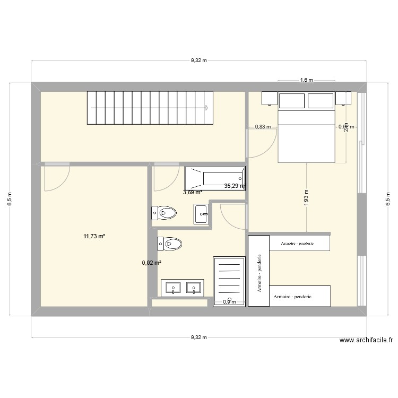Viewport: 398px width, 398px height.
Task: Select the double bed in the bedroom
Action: (307, 135)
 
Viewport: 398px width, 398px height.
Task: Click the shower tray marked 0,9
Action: (229, 281)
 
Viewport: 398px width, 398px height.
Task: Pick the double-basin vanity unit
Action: (183, 288)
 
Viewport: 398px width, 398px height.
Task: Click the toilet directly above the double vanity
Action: (169, 244)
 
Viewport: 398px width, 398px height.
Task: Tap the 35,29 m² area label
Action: (235, 186)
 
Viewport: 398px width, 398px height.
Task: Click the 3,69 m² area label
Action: (193, 193)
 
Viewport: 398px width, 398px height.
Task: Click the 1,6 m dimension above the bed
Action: (307, 81)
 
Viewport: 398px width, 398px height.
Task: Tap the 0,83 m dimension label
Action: (263, 127)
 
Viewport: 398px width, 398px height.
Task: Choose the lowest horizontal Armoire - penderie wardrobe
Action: (300, 296)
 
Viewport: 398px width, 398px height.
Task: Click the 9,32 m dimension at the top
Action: (198, 61)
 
